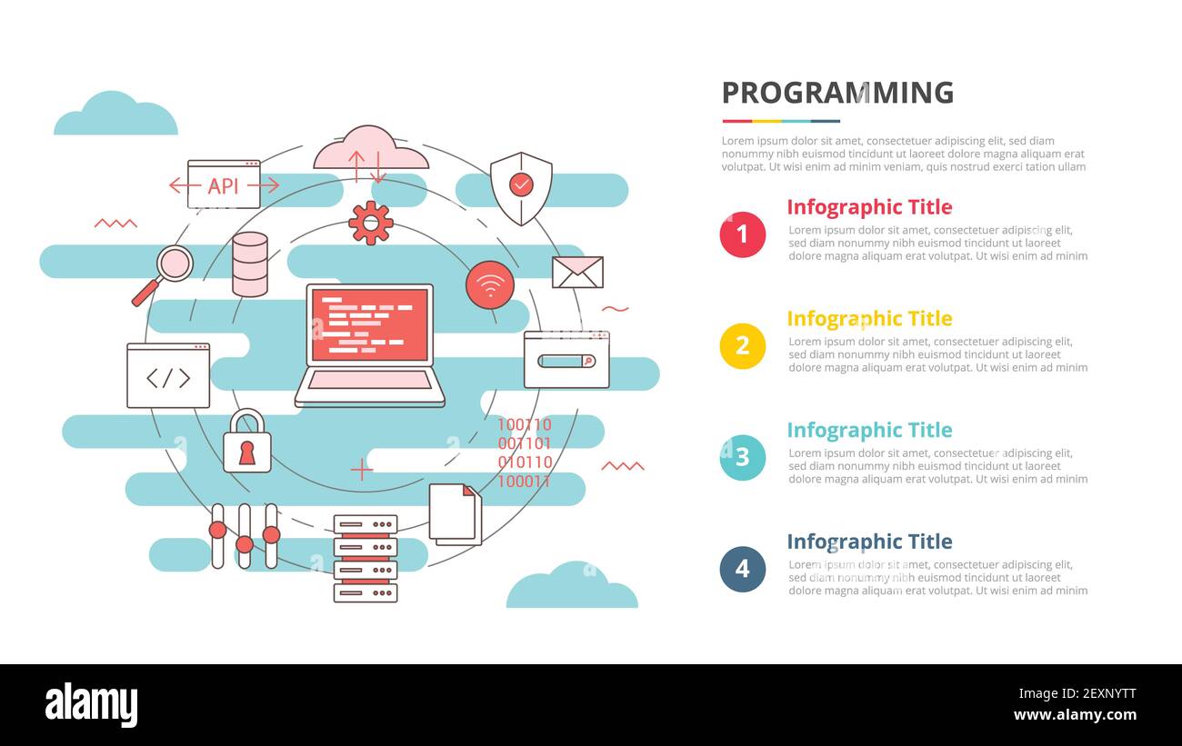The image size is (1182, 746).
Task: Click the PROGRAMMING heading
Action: point(837,93)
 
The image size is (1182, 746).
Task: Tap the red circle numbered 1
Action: point(742,234)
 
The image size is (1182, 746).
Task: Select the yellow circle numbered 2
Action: point(742,346)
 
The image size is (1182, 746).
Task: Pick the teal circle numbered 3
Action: point(742,457)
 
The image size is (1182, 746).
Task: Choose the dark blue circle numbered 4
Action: point(742,569)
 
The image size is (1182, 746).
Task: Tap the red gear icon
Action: point(371,223)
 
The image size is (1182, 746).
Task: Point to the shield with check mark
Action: point(521,187)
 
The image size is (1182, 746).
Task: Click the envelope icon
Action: point(577,273)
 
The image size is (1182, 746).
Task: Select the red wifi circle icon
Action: point(490,285)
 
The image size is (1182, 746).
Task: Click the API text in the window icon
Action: point(223,185)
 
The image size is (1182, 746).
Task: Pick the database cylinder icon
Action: point(250,264)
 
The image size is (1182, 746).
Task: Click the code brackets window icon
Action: point(168,376)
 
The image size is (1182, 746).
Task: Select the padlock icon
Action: point(247,443)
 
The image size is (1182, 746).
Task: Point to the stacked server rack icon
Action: point(366,558)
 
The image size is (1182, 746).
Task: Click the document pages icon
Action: point(455,513)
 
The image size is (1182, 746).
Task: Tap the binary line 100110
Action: point(524,424)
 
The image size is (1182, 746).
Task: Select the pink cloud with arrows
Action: point(369,150)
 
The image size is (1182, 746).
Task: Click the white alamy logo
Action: point(91,704)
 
